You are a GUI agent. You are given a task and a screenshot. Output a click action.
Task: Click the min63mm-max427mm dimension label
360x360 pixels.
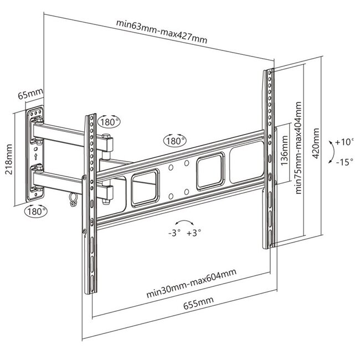162,32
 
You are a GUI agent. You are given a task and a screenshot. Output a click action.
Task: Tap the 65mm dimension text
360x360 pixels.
30,93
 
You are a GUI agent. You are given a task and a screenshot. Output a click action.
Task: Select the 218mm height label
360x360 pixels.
9,159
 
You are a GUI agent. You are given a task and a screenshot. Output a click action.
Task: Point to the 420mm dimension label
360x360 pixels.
316,143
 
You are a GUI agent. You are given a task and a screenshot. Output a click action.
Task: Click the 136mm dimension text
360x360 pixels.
285,151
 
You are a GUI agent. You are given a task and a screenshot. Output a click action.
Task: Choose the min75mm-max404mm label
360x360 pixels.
298,148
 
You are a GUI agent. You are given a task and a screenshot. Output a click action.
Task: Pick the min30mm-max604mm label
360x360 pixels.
192,283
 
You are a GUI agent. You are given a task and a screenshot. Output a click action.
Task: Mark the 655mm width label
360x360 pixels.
198,303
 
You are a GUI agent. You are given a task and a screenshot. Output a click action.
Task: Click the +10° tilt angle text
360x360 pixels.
344,142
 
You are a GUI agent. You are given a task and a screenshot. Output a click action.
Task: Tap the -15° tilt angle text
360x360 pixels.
344,162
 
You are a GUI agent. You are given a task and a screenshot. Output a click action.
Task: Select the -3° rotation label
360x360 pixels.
174,233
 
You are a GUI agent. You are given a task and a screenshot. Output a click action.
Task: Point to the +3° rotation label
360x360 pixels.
194,233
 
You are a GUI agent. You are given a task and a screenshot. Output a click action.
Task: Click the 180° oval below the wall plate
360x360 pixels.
35,211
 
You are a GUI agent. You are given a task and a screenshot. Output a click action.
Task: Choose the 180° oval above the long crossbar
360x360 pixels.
175,141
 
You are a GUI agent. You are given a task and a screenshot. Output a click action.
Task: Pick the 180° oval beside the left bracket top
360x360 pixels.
109,121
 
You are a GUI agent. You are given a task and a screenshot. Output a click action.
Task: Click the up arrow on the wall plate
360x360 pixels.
35,157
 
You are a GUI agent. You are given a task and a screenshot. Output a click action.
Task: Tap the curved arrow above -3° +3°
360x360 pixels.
184,221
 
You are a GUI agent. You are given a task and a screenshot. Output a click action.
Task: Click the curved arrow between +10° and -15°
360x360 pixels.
333,152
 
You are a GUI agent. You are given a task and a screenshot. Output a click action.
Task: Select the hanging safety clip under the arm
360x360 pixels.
73,199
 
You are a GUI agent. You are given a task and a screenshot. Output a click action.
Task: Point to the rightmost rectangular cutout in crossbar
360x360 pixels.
247,162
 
